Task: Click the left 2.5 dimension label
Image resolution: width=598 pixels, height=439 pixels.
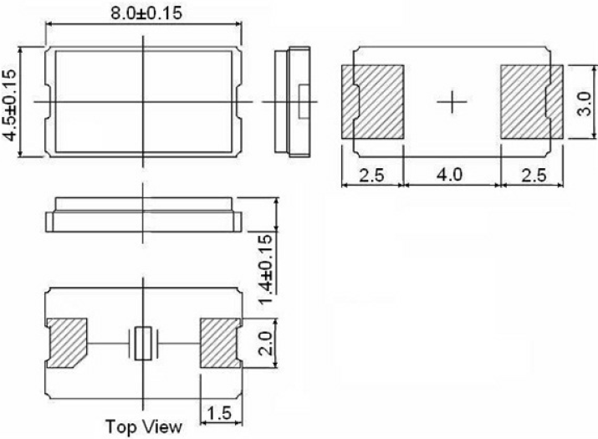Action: pos(373,176)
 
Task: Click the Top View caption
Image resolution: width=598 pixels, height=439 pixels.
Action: pos(143,426)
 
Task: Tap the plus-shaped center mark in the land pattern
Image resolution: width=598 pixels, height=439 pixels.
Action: pos(451,102)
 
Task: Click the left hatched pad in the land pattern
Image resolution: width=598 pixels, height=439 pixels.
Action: pos(373,101)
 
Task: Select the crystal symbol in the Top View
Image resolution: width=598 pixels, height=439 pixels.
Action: pos(144,344)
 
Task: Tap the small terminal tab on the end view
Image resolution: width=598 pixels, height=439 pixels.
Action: pos(304,100)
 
